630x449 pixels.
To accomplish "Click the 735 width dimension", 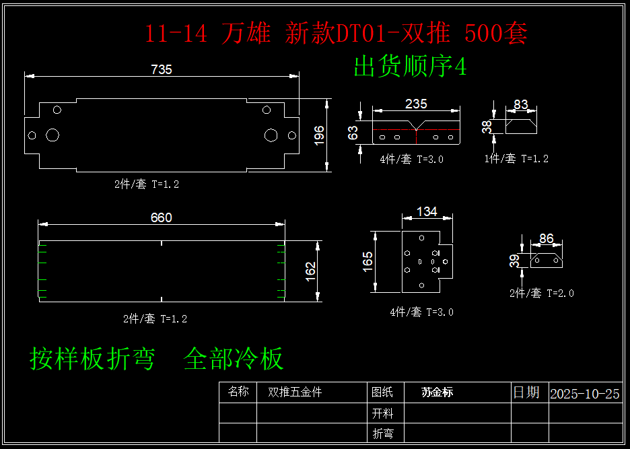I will pos(162,69).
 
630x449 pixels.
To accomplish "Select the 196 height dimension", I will pos(319,135).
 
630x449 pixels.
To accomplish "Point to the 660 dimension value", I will pos(162,217).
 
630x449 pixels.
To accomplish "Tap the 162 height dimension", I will pos(310,271).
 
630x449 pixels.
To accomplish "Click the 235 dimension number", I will pos(416,104).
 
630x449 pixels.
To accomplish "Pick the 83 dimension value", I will pos(521,104).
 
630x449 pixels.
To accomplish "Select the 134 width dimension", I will pos(427,211).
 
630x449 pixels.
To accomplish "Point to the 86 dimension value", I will pos(547,238).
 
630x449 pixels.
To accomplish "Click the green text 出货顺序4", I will pos(410,67).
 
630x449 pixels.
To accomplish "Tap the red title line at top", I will pos(336,34).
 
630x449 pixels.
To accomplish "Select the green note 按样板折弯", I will pos(92,359).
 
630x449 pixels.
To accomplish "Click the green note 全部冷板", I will pos(234,359).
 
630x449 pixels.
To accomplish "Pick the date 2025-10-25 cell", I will pos(584,394).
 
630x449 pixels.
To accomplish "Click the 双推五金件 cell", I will pos(295,392).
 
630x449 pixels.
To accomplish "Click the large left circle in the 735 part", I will pos(53,135).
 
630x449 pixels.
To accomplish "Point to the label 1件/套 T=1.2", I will pos(516,159).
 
